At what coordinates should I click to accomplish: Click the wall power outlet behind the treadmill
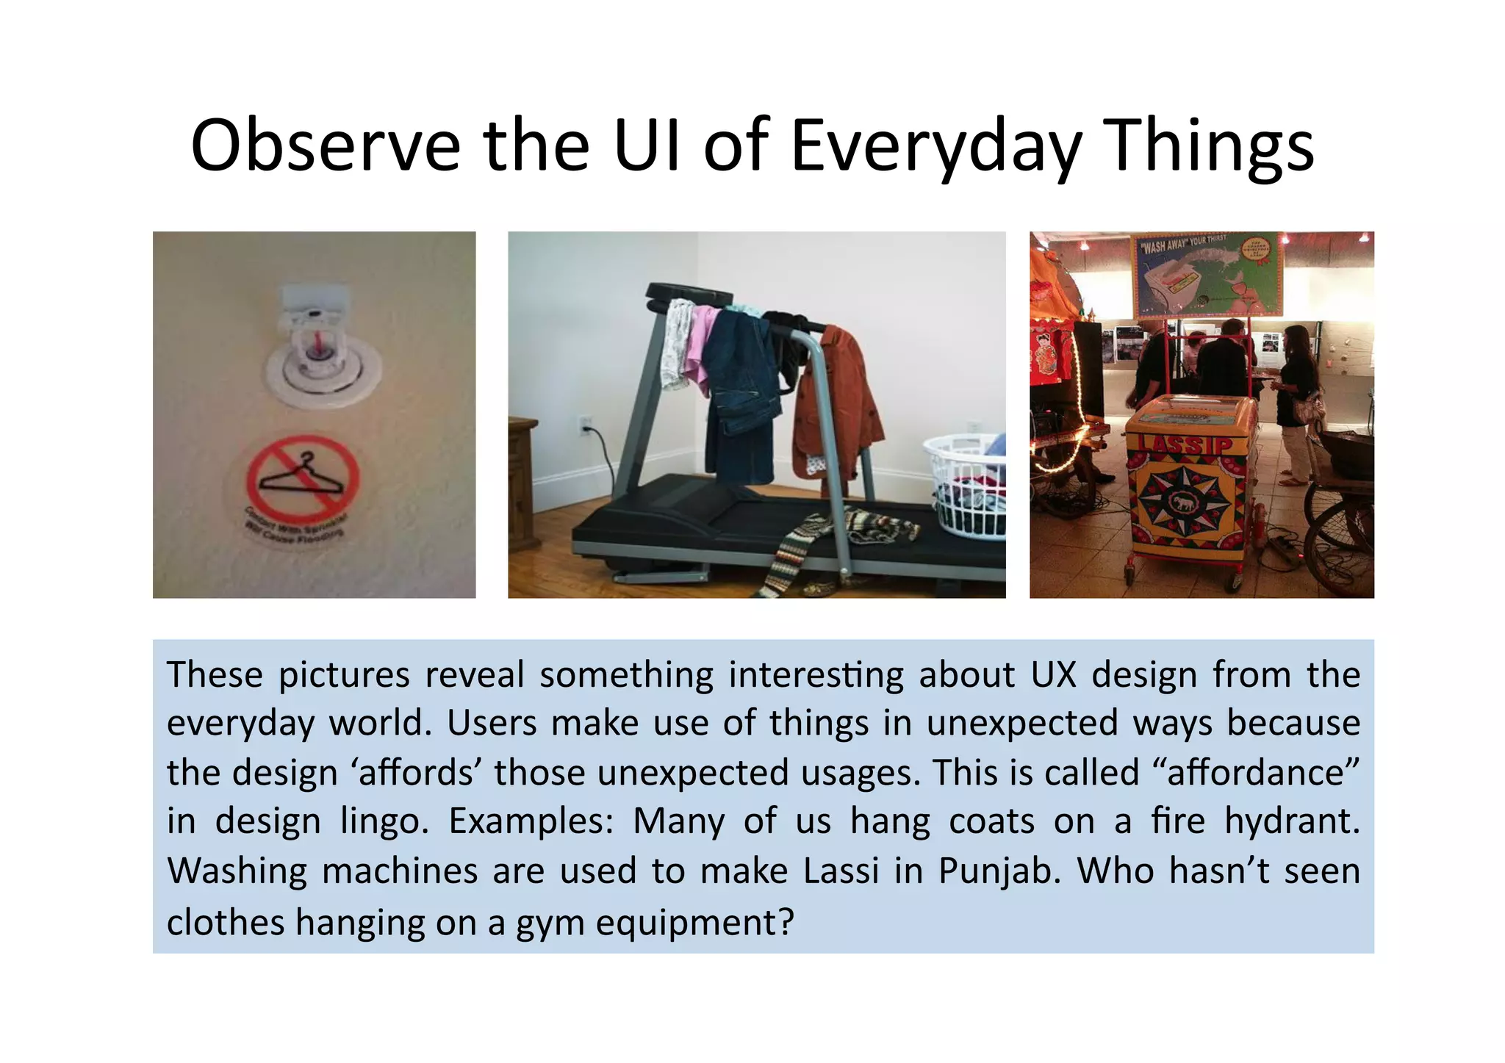(586, 425)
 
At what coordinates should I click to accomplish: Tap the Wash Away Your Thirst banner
(1208, 273)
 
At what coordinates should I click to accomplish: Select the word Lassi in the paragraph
(841, 871)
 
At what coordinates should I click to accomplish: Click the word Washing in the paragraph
(237, 871)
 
